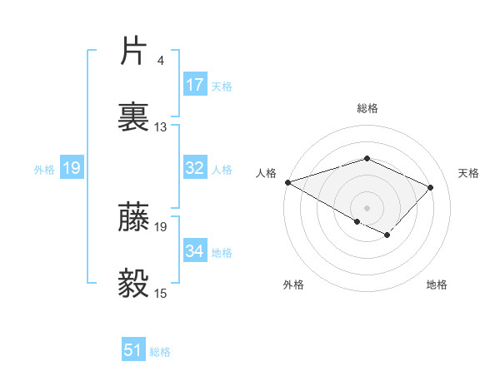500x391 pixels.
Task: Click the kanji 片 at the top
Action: (134, 52)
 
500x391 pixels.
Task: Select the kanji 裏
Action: (134, 117)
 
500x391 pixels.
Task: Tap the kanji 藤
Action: (134, 217)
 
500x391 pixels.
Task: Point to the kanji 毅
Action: (134, 284)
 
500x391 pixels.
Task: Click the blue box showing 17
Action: (195, 84)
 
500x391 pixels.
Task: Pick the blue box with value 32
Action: (195, 168)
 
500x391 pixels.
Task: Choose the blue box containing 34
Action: (195, 251)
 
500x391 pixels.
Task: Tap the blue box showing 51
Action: (133, 350)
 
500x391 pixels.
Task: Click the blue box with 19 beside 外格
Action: (72, 168)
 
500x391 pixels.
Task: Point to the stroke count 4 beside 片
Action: (160, 61)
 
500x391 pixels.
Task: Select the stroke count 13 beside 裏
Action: (161, 127)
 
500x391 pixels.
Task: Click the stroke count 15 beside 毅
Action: (161, 293)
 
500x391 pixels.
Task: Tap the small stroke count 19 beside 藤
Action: (161, 226)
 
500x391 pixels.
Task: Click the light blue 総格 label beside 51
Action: (160, 352)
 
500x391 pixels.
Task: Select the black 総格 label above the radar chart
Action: (367, 108)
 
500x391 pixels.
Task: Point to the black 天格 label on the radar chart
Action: (468, 173)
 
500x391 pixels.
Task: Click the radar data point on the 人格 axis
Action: (287, 182)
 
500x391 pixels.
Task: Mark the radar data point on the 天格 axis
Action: (430, 187)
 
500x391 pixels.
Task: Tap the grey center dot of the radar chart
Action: (367, 207)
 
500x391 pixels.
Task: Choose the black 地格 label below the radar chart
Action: (437, 285)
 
